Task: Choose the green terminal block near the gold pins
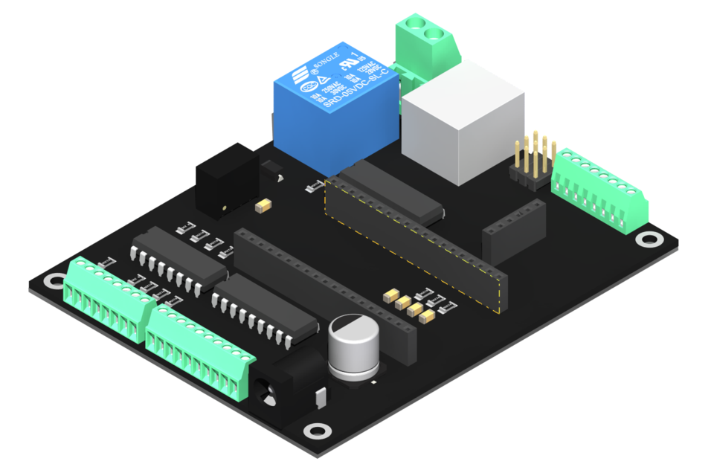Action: [599, 189]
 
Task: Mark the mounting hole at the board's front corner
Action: [318, 430]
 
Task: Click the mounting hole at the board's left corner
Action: [54, 281]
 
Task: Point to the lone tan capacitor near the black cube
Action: [263, 204]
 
